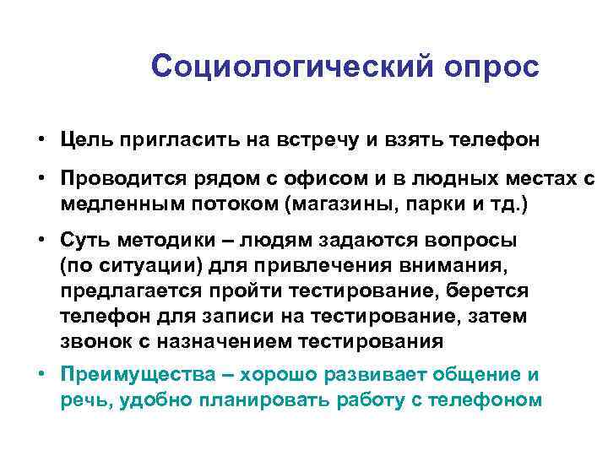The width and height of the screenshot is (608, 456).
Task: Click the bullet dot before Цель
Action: [41, 139]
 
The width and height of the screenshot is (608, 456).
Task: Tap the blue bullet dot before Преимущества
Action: [41, 374]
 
